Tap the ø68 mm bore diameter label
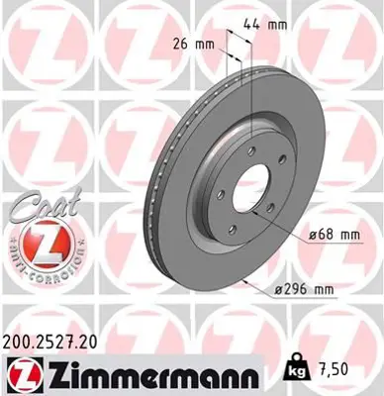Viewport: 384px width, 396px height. [334, 235]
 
